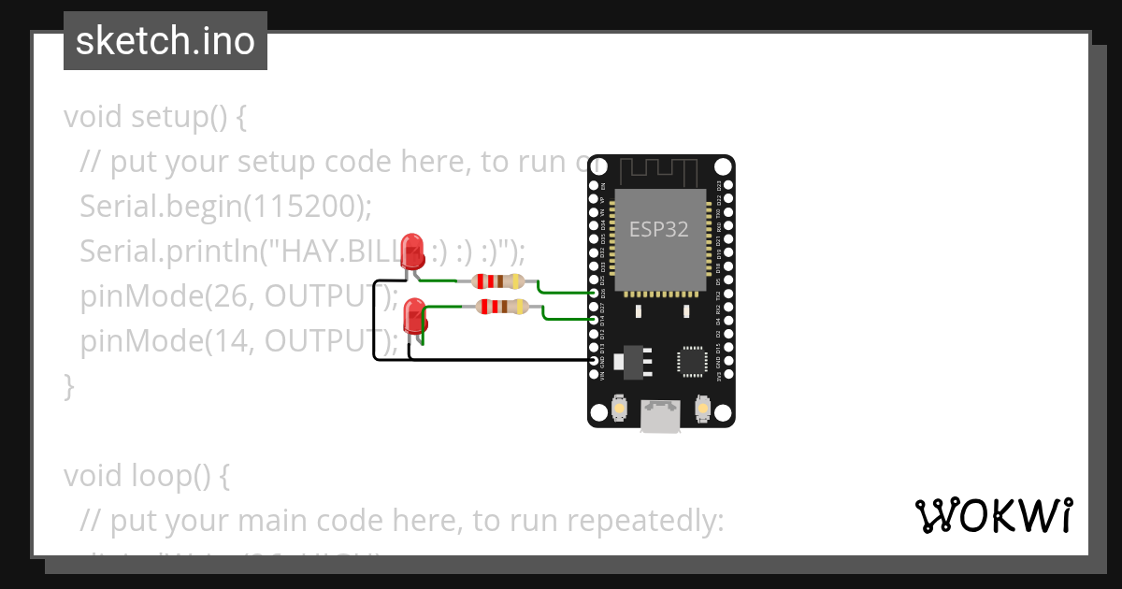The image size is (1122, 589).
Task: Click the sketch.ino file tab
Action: pyautogui.click(x=165, y=41)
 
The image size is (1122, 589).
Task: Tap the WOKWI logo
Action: pyautogui.click(x=993, y=515)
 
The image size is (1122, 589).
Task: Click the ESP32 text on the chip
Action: pyautogui.click(x=658, y=229)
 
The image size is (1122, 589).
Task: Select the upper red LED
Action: pyautogui.click(x=411, y=251)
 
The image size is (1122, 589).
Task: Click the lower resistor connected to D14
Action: pyautogui.click(x=501, y=306)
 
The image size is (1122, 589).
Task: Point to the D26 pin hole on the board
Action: pyautogui.click(x=595, y=293)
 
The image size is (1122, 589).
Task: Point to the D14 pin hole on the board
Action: pyautogui.click(x=595, y=320)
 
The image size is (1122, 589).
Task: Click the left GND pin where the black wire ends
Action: pyautogui.click(x=595, y=360)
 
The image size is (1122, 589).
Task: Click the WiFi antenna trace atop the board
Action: pyautogui.click(x=660, y=171)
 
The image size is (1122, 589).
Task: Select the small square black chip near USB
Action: pyautogui.click(x=693, y=361)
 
